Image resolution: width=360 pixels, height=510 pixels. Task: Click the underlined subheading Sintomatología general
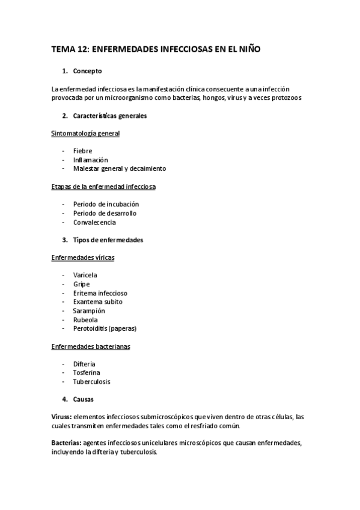pos(86,133)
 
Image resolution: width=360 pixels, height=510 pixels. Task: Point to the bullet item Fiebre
pos(82,151)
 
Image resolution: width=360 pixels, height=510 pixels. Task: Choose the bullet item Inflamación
pos(90,160)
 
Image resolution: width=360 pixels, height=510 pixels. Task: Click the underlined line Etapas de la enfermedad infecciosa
pos(104,186)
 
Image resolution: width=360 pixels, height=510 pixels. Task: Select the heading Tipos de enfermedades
pos(108,240)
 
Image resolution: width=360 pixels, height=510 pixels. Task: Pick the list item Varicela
pos(85,275)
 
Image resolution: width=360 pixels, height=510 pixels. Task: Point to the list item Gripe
pos(81,284)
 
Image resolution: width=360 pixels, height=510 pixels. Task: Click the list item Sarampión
pos(89,311)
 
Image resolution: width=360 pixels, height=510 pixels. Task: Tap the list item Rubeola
pos(85,320)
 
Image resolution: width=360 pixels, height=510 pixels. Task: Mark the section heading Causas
pos(83,399)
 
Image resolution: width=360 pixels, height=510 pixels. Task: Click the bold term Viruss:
pos(63,417)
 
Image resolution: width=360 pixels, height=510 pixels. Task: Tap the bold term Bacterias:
pos(67,443)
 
